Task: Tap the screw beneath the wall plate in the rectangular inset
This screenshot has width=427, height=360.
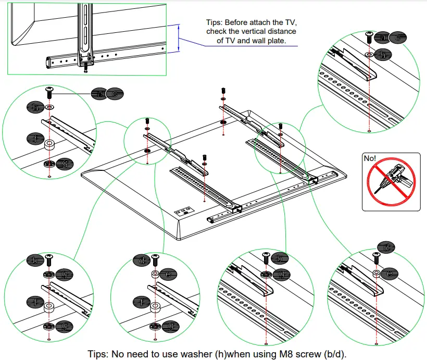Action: (x=85, y=67)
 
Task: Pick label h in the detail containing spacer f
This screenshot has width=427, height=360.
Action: (x=35, y=107)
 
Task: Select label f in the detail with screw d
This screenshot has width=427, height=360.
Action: (x=139, y=302)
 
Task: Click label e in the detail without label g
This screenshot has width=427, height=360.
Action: (x=390, y=273)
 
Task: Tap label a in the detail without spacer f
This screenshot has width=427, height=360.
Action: (x=383, y=37)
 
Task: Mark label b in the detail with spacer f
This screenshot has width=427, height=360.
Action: (x=35, y=259)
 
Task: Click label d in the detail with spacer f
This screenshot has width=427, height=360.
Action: (x=141, y=259)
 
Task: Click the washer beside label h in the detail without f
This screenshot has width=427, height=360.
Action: (x=369, y=54)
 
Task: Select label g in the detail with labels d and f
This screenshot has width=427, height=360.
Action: (x=170, y=326)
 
